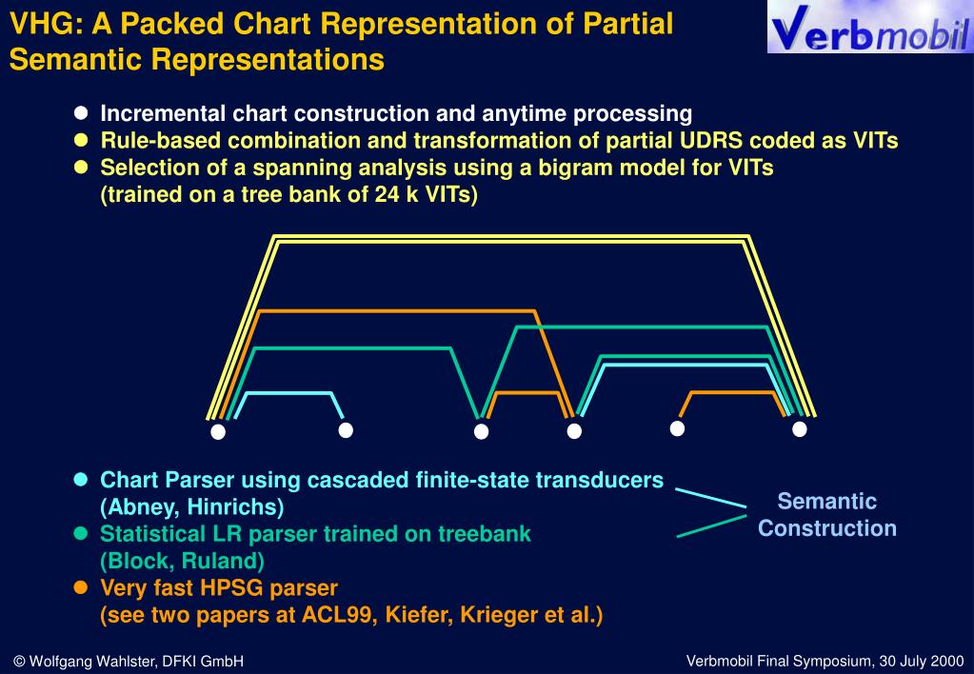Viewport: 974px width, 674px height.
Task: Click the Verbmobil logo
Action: coord(870,28)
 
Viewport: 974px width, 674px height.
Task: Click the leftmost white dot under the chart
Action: coord(218,432)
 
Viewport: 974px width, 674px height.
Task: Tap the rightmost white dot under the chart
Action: coord(800,429)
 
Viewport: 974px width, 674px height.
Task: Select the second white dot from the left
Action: coord(347,430)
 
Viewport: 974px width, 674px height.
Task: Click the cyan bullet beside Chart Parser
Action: coord(81,479)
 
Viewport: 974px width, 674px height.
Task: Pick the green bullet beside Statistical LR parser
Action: coord(81,533)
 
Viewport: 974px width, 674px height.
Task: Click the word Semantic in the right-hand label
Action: coord(827,502)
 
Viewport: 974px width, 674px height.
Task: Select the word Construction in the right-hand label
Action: coord(827,528)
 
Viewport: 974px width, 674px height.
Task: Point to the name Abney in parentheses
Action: coord(139,507)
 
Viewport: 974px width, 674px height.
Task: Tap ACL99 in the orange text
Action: coord(338,615)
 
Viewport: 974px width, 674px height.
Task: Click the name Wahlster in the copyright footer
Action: coord(124,661)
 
